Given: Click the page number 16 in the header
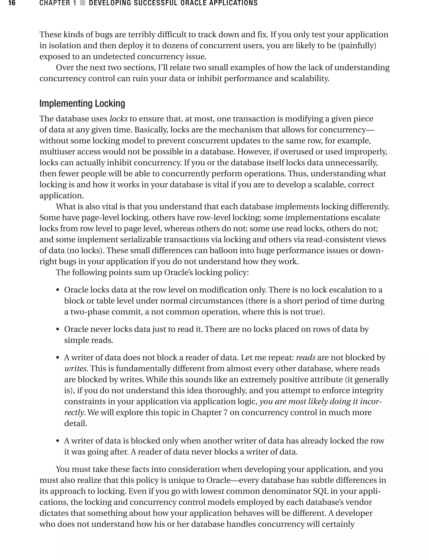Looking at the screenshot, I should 12,3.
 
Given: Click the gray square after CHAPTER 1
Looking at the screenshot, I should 83,3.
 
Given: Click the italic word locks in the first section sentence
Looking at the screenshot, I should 119,119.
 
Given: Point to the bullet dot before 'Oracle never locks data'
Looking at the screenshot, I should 58,330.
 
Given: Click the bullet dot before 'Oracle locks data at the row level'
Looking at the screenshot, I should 58,290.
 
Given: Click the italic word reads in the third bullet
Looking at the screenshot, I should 305,358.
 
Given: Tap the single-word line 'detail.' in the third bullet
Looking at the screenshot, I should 76,423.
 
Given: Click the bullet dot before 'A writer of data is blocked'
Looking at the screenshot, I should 58,441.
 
